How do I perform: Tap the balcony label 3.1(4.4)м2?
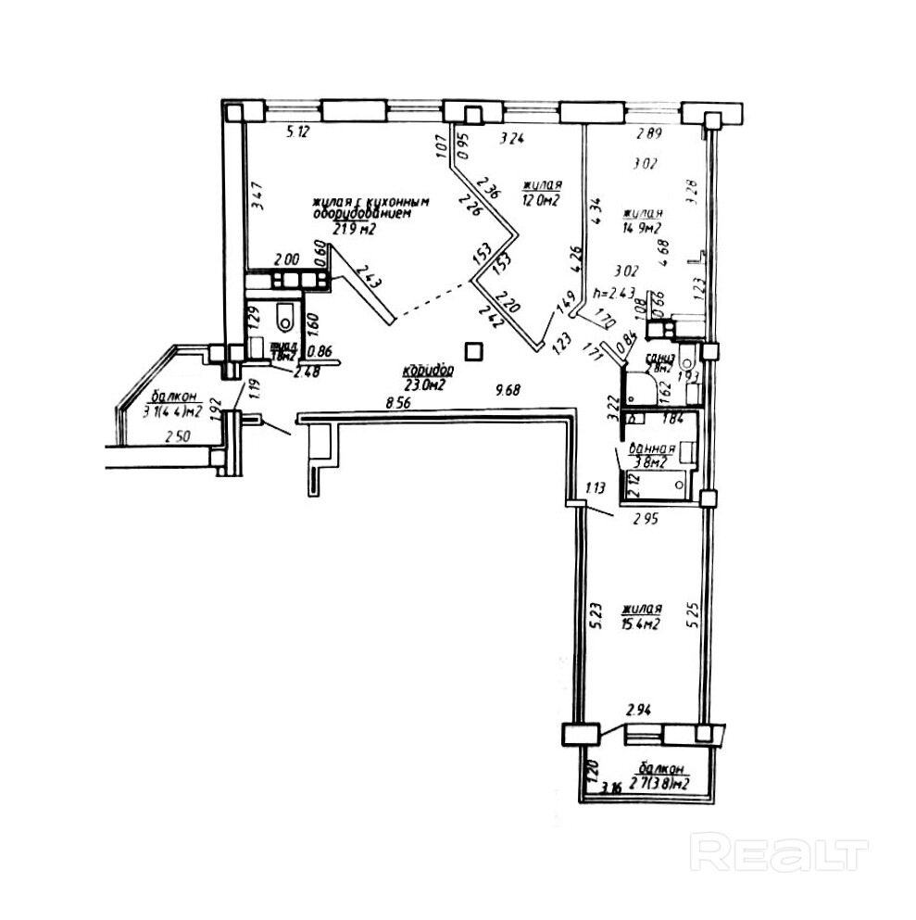(172, 412)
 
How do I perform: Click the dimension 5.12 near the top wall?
(297, 132)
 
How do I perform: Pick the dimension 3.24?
(512, 141)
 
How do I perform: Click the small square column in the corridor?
(474, 350)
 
